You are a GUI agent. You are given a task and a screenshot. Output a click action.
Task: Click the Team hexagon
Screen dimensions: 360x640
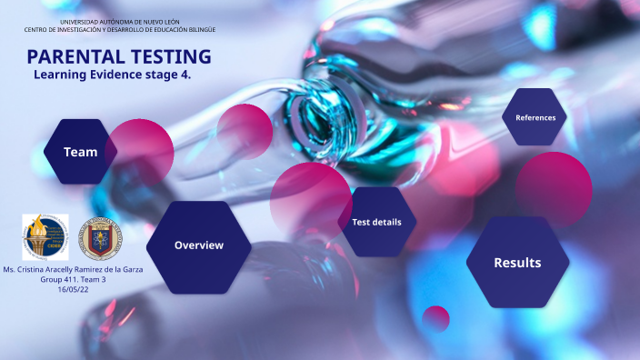click(x=79, y=152)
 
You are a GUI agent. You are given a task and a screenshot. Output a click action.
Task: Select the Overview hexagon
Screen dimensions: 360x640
click(x=198, y=245)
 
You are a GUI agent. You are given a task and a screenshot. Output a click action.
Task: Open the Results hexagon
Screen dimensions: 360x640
click(x=516, y=263)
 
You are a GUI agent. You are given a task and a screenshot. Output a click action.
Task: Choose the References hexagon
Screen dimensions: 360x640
click(x=535, y=117)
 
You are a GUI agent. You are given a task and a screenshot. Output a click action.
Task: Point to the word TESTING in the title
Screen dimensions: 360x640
click(x=171, y=56)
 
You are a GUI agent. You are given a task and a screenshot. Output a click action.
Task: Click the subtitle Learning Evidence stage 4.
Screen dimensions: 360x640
click(x=112, y=75)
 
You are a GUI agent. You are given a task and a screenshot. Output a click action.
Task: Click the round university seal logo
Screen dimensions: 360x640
click(x=95, y=239)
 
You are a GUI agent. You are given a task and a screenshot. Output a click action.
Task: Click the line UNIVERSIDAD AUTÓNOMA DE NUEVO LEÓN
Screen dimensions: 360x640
click(x=119, y=21)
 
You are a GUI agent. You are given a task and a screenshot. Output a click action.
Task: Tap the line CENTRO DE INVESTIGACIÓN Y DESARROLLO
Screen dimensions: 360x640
click(x=119, y=29)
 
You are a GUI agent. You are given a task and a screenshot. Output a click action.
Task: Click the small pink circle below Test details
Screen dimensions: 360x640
click(x=436, y=318)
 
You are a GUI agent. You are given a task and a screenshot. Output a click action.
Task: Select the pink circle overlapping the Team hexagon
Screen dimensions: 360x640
click(x=140, y=151)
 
